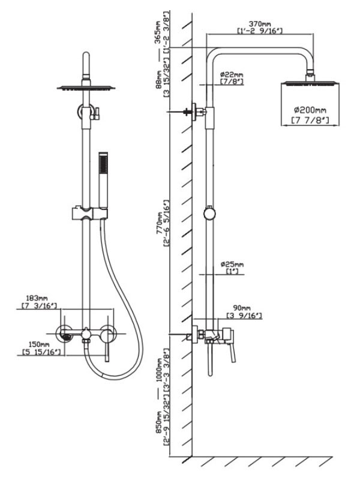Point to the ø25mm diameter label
232,263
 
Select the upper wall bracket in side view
197,112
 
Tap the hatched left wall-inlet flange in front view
63,336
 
